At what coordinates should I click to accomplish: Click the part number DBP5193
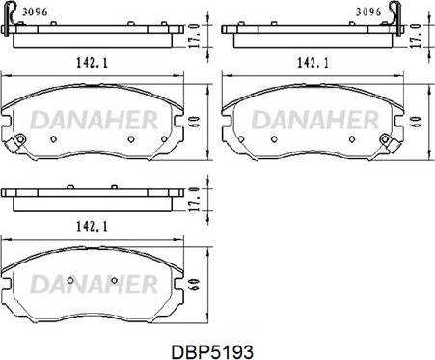click(x=212, y=351)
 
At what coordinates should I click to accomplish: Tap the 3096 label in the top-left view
click(x=35, y=13)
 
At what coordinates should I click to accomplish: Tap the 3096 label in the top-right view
click(x=368, y=13)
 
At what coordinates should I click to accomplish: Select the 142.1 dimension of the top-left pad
click(x=92, y=62)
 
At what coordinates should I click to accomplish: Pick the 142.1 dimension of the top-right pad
click(x=313, y=62)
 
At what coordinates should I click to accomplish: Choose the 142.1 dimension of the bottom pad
click(x=92, y=227)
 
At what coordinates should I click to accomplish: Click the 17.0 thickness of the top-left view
click(x=194, y=36)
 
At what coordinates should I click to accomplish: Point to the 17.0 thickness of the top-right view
click(x=416, y=36)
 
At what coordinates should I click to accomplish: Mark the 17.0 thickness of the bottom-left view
click(x=194, y=200)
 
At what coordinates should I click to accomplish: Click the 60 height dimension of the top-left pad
click(x=195, y=122)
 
